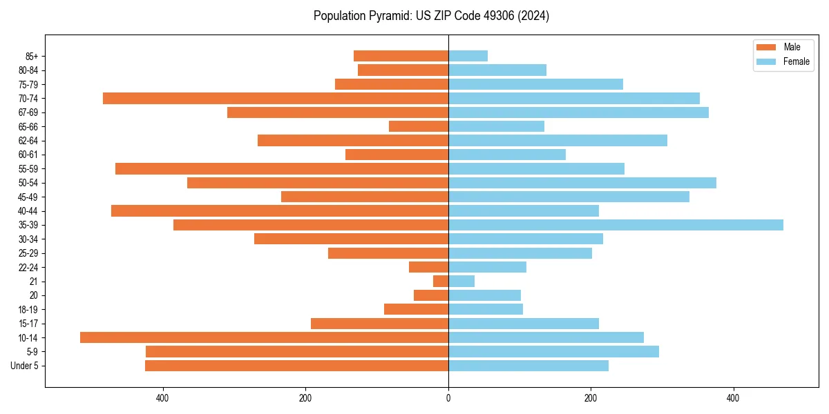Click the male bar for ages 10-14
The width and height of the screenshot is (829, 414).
[x=264, y=337]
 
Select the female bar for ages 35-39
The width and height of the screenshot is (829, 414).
[x=616, y=225]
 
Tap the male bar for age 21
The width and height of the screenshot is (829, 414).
[x=441, y=281]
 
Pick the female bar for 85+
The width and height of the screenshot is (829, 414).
[x=468, y=56]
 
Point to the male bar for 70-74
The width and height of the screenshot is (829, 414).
[x=276, y=98]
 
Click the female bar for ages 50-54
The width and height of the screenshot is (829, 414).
[x=582, y=183]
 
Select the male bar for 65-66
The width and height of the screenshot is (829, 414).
[x=419, y=126]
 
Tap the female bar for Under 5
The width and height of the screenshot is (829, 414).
[x=528, y=366]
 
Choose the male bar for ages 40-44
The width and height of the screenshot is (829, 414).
[x=280, y=210]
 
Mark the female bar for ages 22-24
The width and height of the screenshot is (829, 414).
[x=487, y=267]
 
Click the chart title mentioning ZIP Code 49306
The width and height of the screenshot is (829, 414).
[x=431, y=16]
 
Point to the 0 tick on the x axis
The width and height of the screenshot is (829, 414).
[x=448, y=398]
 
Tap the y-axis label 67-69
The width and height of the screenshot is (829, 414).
[x=28, y=112]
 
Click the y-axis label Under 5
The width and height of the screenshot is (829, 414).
[x=25, y=366]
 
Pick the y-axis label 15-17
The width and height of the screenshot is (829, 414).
[x=28, y=324]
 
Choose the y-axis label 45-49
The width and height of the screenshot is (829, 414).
[x=28, y=197]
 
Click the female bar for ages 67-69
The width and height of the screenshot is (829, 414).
[x=578, y=112]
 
